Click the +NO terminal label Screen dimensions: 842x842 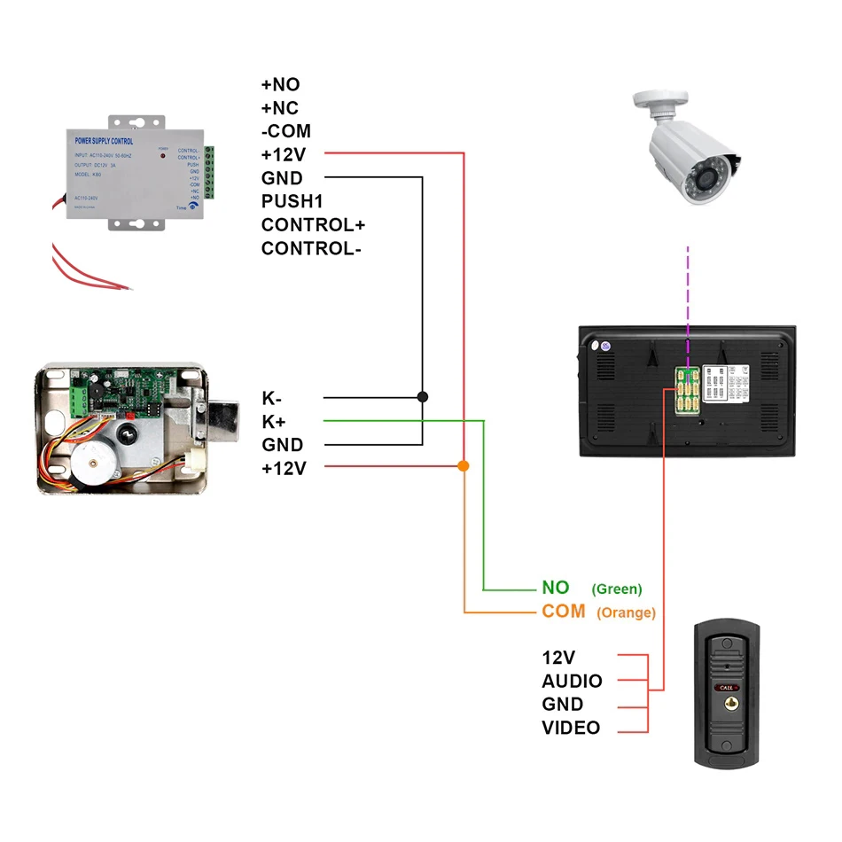[x=280, y=85]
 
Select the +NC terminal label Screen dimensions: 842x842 [x=280, y=108]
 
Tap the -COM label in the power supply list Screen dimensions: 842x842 [x=285, y=131]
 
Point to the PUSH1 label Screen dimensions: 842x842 [x=292, y=201]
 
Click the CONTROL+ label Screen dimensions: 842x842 [x=313, y=224]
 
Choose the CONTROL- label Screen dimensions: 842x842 [x=311, y=248]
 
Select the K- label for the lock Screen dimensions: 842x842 [x=272, y=398]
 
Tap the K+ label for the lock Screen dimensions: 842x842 [x=273, y=421]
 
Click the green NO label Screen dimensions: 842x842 [x=555, y=588]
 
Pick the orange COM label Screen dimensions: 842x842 [x=564, y=612]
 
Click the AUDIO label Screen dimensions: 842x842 [x=572, y=682]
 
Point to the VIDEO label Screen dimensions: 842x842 [x=571, y=728]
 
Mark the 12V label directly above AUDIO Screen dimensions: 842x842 [x=558, y=658]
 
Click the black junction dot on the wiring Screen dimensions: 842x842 [x=423, y=397]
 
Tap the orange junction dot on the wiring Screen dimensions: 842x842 [x=464, y=465]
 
